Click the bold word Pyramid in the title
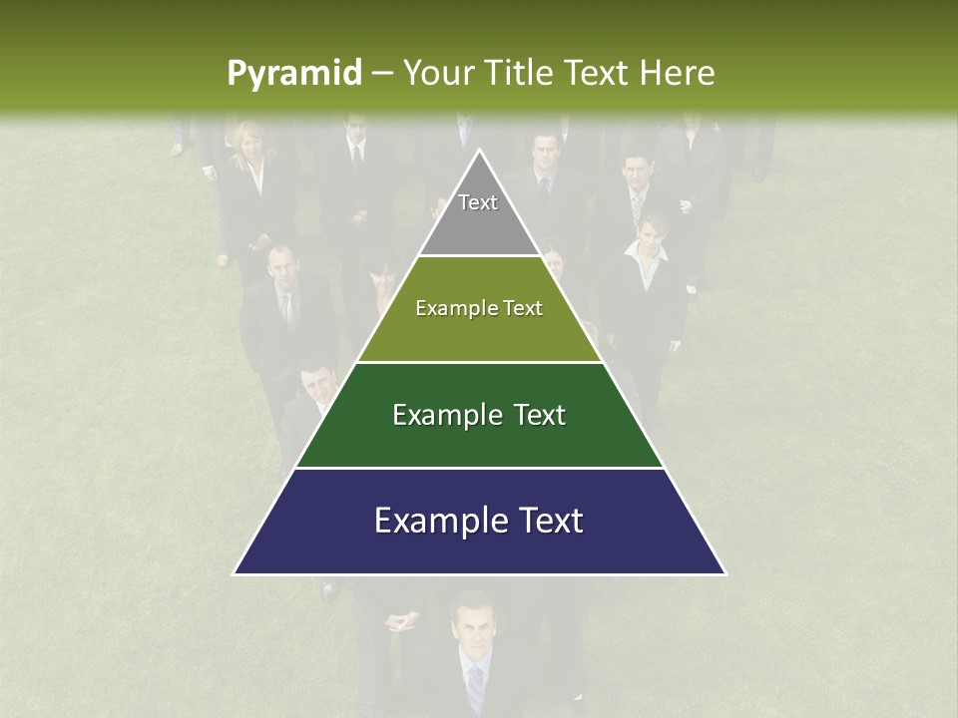click(x=293, y=74)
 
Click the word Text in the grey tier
click(x=478, y=202)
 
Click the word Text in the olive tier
click(x=522, y=308)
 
